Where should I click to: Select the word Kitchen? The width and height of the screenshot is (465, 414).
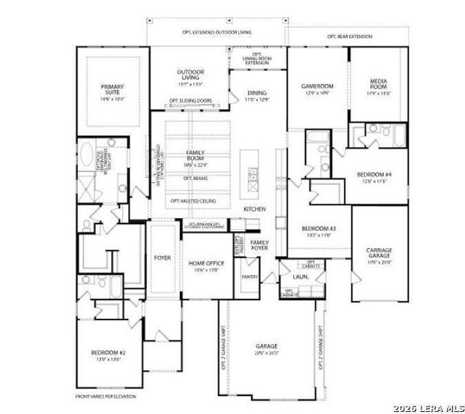pos(254,208)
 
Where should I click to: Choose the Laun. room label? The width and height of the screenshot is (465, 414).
pos(300,277)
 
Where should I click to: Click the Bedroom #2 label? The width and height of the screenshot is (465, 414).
pos(108,356)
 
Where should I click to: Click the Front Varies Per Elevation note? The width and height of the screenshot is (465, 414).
pos(106,397)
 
